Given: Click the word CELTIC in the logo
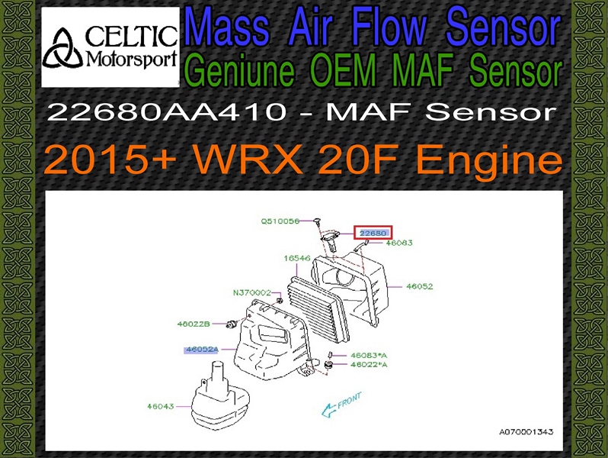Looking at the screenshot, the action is click(131, 37).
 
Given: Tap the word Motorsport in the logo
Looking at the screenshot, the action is click(132, 60).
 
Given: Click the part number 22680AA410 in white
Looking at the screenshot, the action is click(168, 112).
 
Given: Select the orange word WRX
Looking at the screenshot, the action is click(248, 160).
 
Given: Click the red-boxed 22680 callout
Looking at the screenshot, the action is click(373, 233).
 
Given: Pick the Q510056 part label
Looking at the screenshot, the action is click(280, 221).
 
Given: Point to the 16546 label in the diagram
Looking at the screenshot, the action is click(297, 258).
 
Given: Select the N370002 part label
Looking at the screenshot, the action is click(251, 292).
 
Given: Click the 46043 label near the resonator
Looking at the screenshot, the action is click(161, 406).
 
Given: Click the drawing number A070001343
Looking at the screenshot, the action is click(526, 431).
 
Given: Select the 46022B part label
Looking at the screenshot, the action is click(194, 324).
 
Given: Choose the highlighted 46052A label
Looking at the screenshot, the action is click(202, 350).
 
